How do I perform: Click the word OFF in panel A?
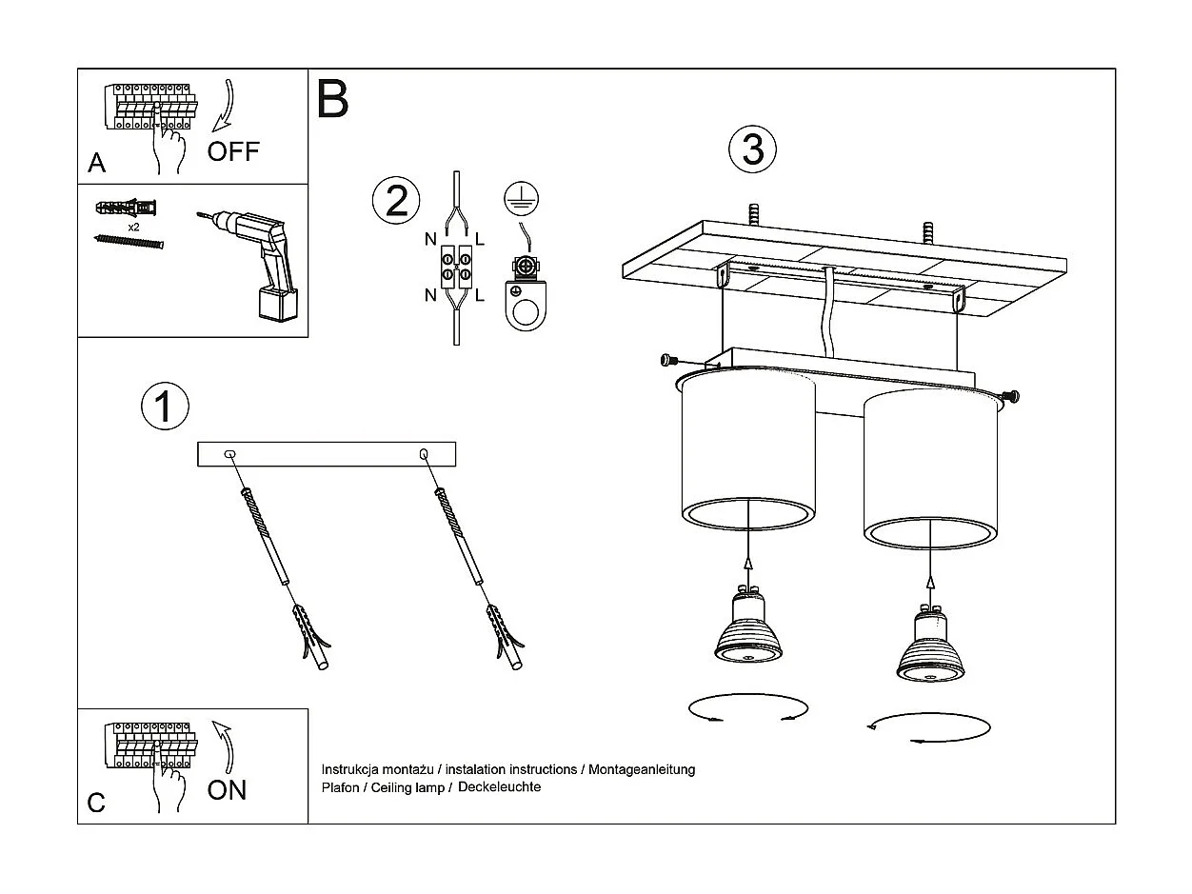point(233,151)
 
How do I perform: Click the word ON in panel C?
point(227,789)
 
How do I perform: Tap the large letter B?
point(333,99)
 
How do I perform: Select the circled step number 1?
point(165,407)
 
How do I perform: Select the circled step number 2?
point(396,201)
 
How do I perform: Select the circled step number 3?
point(752,149)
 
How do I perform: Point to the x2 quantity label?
point(134,228)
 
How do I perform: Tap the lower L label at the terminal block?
point(480,295)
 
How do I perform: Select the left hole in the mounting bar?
point(229,454)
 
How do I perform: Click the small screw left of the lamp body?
point(668,360)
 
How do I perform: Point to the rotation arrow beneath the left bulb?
point(748,709)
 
